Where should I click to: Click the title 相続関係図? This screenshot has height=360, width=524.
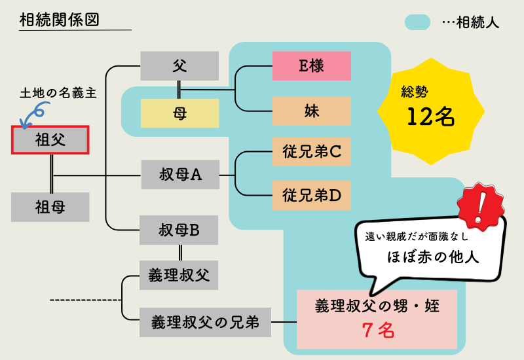(59, 20)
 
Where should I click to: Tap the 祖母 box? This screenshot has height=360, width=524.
(50, 207)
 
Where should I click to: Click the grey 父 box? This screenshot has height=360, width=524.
(179, 66)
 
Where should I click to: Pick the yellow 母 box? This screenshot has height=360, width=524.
(179, 113)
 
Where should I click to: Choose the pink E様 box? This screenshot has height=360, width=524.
(311, 66)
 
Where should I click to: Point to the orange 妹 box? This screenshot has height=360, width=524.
(311, 111)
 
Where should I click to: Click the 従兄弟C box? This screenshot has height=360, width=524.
(311, 153)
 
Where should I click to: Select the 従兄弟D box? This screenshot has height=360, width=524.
(311, 195)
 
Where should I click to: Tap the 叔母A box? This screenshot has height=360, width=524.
(179, 175)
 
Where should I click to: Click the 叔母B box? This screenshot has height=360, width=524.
(179, 230)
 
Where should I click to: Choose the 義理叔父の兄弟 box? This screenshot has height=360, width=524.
(205, 322)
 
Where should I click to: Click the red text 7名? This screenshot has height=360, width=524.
(378, 331)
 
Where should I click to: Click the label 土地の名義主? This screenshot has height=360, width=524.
(58, 94)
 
